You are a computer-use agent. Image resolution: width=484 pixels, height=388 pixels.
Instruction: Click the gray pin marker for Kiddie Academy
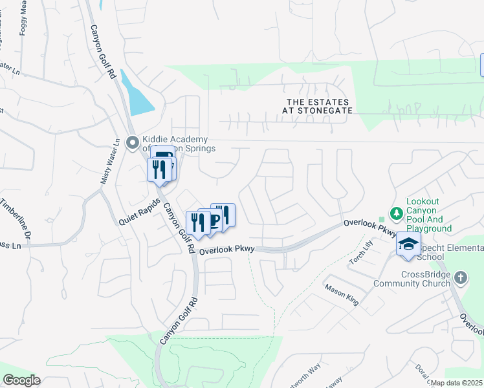pos(133,142)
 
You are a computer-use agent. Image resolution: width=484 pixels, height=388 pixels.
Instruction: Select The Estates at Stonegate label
pos(317,107)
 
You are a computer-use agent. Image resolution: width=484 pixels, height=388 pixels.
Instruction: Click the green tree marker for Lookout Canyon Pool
pos(395,213)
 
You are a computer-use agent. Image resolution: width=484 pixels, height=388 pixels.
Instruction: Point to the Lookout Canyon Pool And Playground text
pos(428,215)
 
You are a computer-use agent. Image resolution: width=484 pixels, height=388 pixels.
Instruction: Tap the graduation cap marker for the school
pos(408,244)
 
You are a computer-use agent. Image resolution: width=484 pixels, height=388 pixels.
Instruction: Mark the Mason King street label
pos(342,295)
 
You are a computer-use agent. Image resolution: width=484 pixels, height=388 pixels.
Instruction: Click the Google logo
pos(21,380)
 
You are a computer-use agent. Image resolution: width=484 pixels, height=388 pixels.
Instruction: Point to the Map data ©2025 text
pos(456,383)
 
